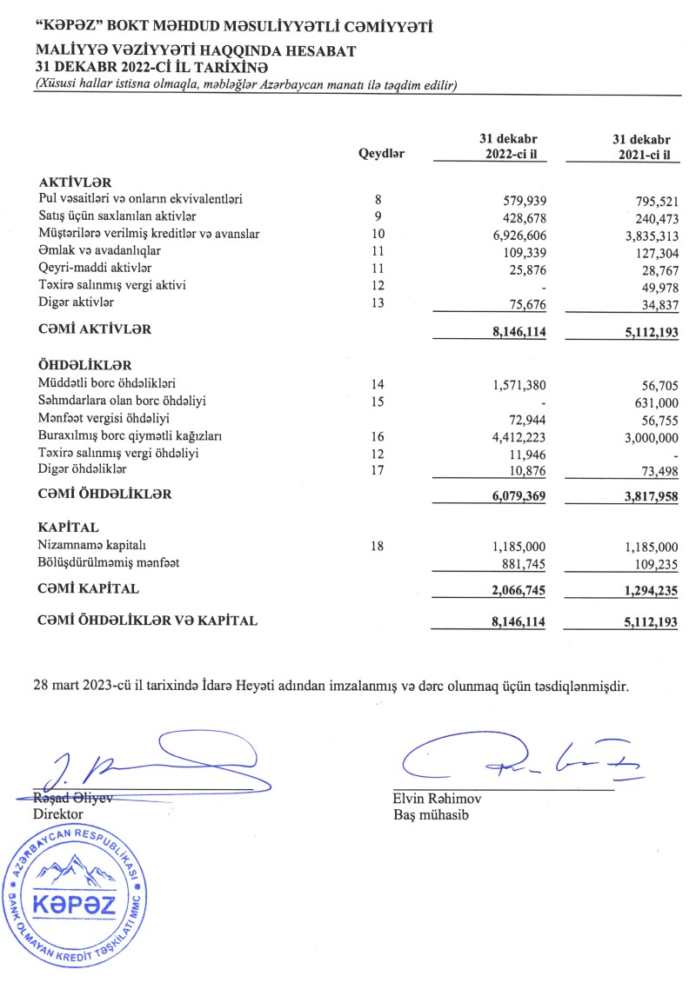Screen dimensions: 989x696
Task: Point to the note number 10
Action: pyautogui.click(x=377, y=234)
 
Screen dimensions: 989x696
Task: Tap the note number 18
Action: pyautogui.click(x=377, y=545)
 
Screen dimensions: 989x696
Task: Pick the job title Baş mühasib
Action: pyautogui.click(x=431, y=814)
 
